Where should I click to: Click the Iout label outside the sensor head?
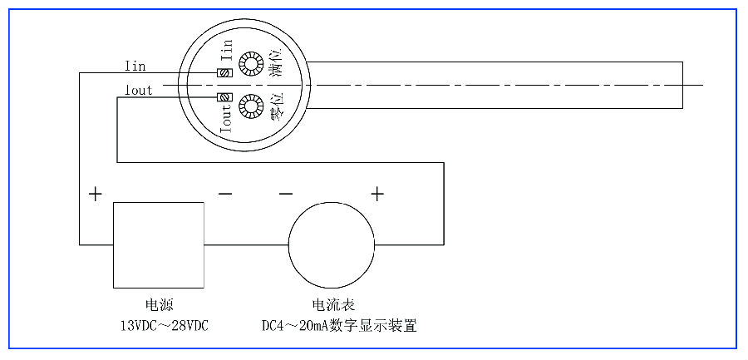[138, 91]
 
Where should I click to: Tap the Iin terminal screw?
[223, 73]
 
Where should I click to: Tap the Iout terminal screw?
[223, 98]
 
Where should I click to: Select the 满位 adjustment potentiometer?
[249, 62]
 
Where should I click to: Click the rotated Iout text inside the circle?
[225, 120]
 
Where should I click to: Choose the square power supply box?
[159, 244]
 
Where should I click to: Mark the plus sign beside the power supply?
[96, 195]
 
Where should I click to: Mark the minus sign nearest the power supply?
[225, 195]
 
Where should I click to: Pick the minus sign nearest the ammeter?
[286, 195]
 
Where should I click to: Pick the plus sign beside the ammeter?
[377, 195]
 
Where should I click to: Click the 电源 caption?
[159, 305]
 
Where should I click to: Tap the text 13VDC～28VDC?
[159, 325]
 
